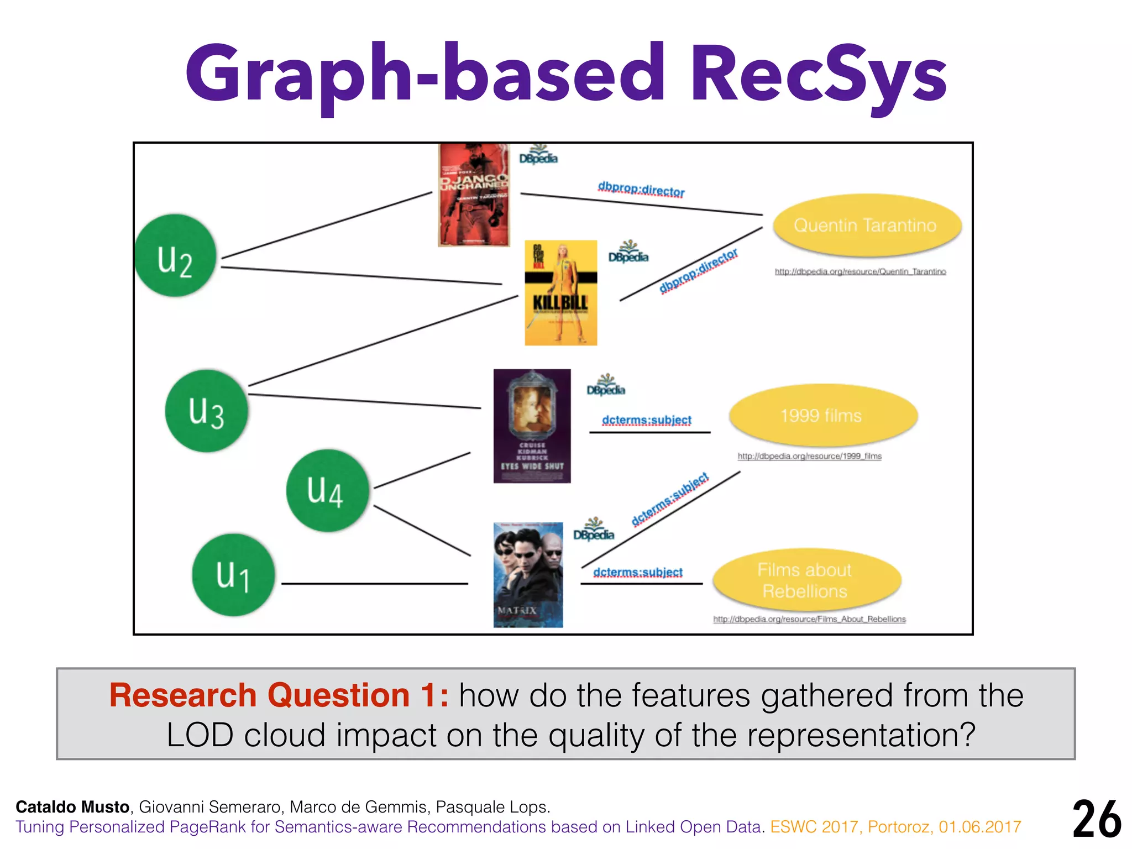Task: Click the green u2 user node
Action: [176, 255]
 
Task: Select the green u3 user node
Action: [206, 411]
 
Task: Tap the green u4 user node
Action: [327, 490]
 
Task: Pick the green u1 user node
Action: [233, 575]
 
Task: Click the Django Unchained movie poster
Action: [474, 195]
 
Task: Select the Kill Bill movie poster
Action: [560, 293]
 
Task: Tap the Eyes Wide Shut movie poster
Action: [532, 426]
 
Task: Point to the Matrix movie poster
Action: [528, 575]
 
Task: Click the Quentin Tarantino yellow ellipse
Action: [866, 226]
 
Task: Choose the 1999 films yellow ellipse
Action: [822, 416]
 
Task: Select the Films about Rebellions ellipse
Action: [806, 580]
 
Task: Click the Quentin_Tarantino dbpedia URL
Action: [860, 271]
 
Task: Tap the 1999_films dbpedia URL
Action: [809, 456]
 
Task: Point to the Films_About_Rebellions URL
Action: [809, 619]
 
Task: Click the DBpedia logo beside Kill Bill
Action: [628, 253]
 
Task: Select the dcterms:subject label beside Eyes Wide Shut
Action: [647, 420]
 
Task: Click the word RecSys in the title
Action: [818, 75]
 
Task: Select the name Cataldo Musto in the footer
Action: [72, 807]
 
